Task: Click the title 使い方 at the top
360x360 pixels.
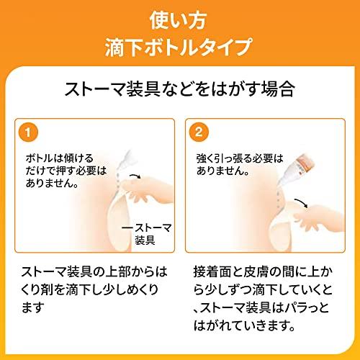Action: [x=178, y=21]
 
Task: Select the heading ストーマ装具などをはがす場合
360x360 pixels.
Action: [x=180, y=89]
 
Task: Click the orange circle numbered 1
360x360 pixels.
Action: [x=28, y=132]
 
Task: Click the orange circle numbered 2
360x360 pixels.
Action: [x=199, y=132]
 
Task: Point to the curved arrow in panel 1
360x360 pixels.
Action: [x=135, y=176]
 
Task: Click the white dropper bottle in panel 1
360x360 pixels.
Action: [x=125, y=160]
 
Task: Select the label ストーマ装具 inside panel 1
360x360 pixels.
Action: [x=147, y=234]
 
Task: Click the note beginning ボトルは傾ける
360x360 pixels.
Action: [x=66, y=171]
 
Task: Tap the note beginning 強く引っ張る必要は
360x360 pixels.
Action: [x=240, y=165]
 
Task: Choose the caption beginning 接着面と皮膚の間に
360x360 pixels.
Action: [x=263, y=299]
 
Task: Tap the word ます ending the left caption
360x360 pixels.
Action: [x=33, y=307]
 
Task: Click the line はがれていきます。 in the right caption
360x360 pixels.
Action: [x=244, y=325]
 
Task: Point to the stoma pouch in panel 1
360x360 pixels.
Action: [x=120, y=222]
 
